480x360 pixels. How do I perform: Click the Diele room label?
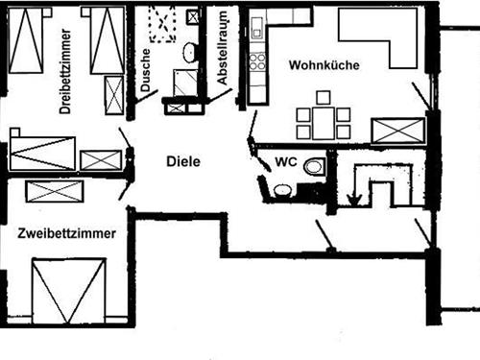pyautogui.click(x=182, y=161)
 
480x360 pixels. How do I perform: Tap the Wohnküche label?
pyautogui.click(x=323, y=65)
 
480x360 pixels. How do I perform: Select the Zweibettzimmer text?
pyautogui.click(x=67, y=233)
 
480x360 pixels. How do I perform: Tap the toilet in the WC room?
pyautogui.click(x=314, y=168)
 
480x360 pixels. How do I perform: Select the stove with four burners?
pyautogui.click(x=257, y=61)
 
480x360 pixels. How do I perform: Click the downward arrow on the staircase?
pyautogui.click(x=354, y=199)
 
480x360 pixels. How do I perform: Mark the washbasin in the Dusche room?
pyautogui.click(x=189, y=53)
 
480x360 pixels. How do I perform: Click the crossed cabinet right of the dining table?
pyautogui.click(x=397, y=131)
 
